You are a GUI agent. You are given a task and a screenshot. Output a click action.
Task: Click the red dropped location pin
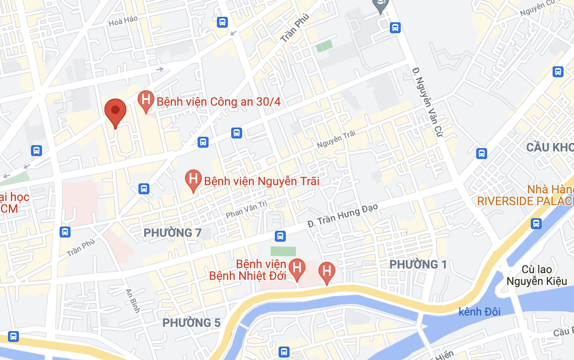115,112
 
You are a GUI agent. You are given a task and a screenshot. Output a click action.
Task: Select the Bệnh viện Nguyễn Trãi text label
261,181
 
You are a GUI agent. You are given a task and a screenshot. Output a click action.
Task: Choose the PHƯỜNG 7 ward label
172,232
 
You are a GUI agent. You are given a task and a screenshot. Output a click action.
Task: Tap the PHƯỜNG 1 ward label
418,264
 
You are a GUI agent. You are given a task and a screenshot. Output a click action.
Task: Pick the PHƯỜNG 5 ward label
191,323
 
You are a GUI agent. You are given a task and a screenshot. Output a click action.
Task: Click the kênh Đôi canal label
480,311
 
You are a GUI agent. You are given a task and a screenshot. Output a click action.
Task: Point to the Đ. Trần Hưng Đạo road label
343,215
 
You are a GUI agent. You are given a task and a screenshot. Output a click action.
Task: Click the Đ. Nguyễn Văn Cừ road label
428,102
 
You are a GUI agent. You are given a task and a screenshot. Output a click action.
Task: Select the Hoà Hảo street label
123,21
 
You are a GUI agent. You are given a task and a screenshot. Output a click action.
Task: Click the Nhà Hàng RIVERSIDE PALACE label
525,195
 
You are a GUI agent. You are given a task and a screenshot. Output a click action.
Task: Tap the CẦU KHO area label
550,147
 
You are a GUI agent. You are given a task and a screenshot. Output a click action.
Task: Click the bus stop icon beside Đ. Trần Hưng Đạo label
280,236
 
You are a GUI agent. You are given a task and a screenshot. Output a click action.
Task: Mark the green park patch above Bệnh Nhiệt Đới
283,251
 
